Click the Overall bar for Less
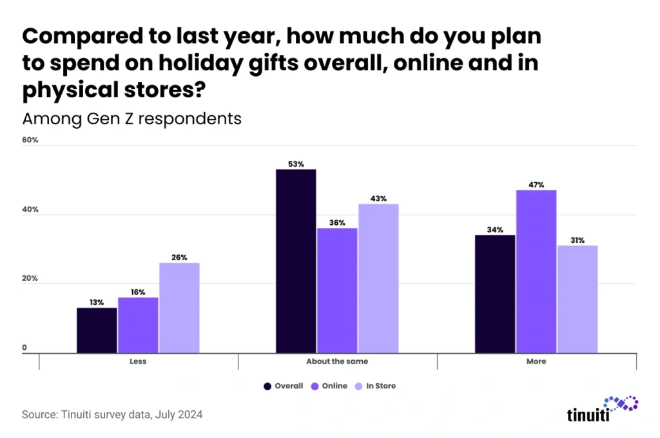pos(97,330)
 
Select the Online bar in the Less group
pos(138,325)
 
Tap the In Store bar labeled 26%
pos(179,307)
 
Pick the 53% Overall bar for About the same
pos(296,261)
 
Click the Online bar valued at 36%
pos(337,290)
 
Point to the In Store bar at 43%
pos(378,278)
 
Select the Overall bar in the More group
pos(495,294)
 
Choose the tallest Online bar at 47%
pos(536,271)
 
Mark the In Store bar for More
pos(577,299)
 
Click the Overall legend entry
pos(284,386)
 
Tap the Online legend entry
pos(329,386)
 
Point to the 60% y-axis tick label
pos(30,140)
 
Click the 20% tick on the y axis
pos(30,279)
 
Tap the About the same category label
pos(337,361)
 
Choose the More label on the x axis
pos(536,361)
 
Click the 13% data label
pos(97,302)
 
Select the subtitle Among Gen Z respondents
pos(131,119)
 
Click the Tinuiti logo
pos(603,408)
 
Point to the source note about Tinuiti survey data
pos(112,415)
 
